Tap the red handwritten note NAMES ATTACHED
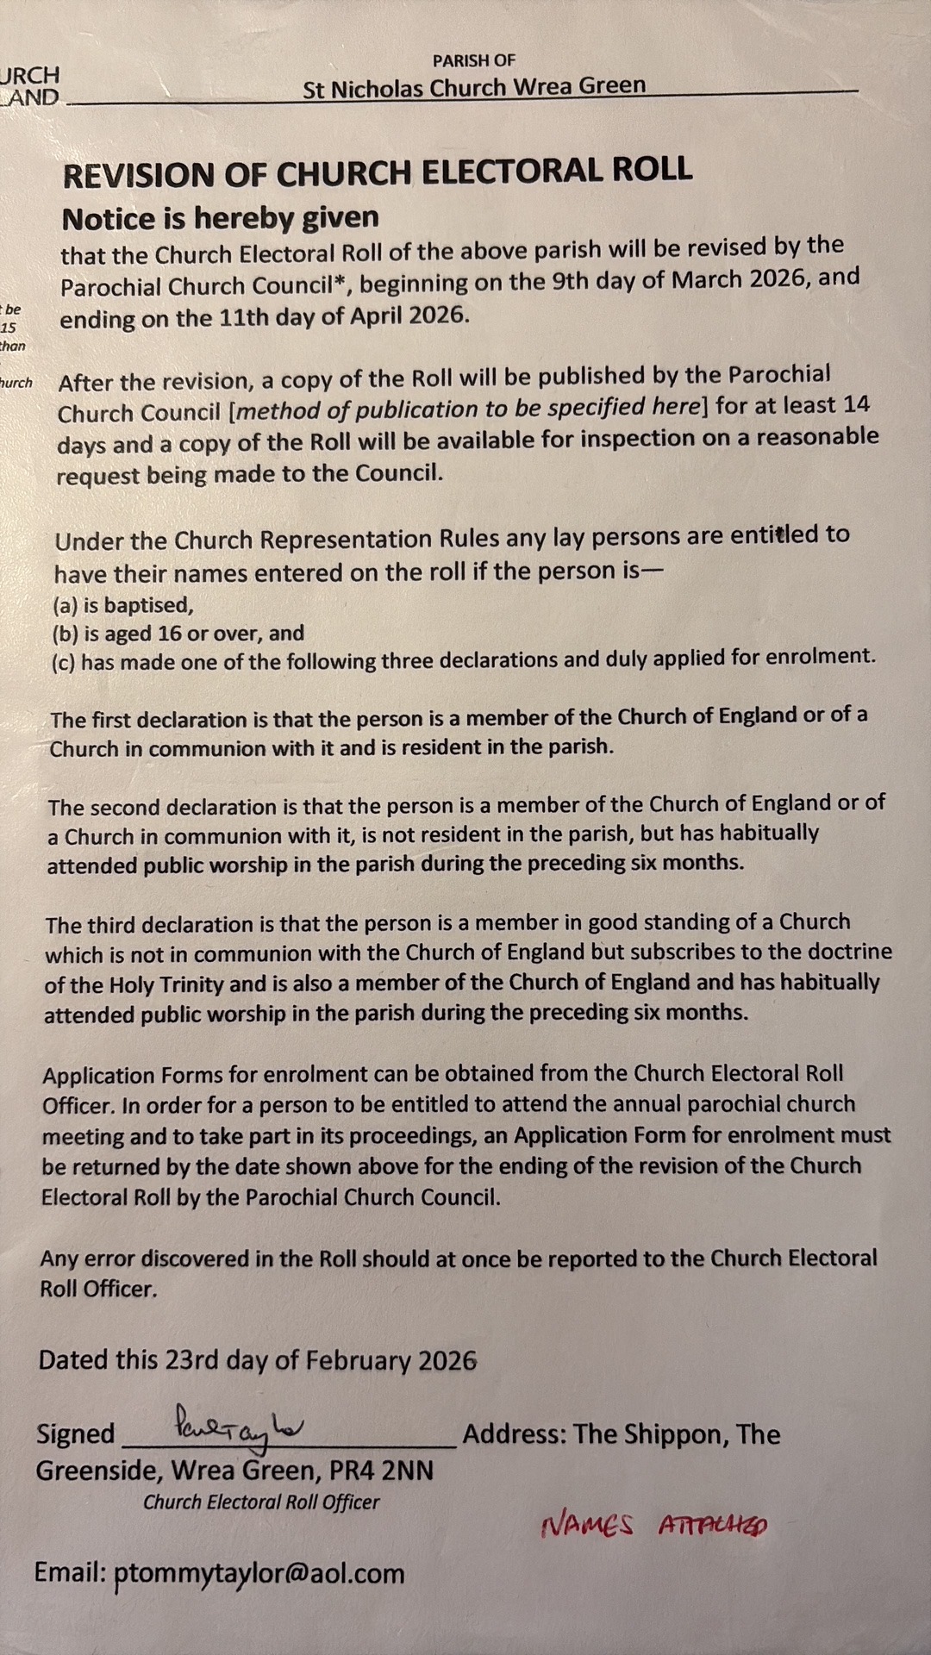[x=653, y=1526]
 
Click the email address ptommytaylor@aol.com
[x=259, y=1572]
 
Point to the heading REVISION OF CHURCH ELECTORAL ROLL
[x=377, y=172]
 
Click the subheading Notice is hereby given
[x=220, y=218]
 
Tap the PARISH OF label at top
[x=473, y=60]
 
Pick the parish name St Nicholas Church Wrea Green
[x=473, y=87]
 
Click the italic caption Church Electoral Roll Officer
[x=261, y=1502]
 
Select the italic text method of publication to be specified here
[x=466, y=409]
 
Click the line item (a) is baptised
[x=123, y=605]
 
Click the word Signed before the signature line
[x=76, y=1433]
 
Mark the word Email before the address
[x=70, y=1572]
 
